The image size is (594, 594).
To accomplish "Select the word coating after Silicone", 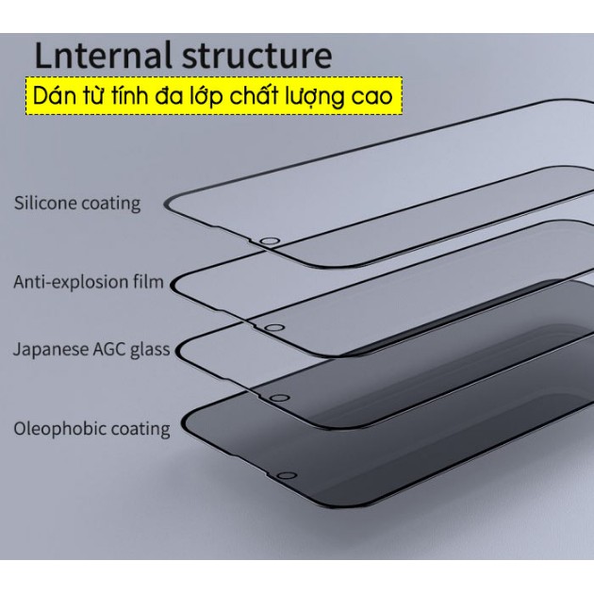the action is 110,204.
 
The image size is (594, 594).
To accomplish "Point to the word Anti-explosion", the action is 74,282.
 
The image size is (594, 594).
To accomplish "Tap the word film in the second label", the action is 150,281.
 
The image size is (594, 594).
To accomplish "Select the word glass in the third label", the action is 151,350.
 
